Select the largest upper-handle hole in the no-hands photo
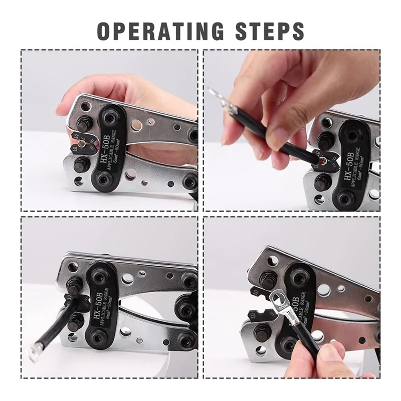(x=127, y=280)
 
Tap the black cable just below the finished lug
(x=301, y=331)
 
